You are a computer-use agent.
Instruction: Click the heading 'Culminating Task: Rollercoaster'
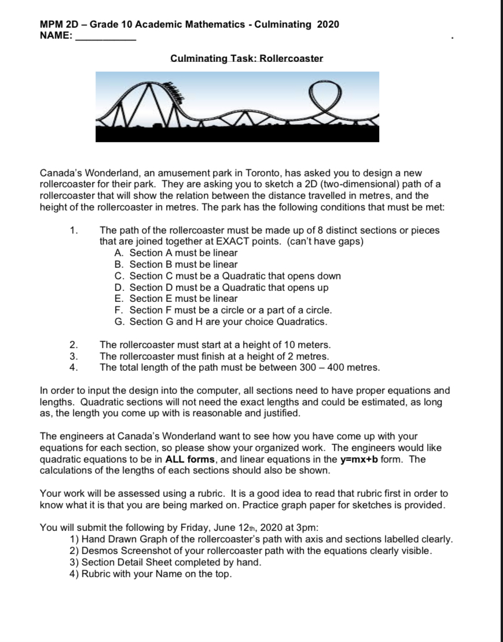point(247,58)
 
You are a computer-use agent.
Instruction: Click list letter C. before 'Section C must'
point(120,276)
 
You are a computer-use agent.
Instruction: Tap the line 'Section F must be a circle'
point(230,310)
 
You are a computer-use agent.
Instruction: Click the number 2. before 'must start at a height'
point(73,345)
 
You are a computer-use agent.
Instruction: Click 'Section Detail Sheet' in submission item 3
point(124,562)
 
